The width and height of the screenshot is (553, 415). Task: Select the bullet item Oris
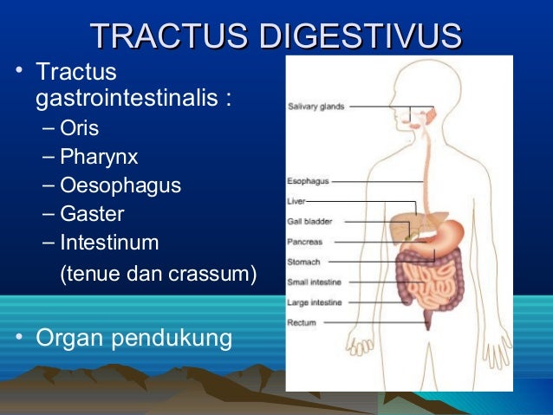tap(79, 129)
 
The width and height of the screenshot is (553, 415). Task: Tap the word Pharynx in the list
tap(99, 157)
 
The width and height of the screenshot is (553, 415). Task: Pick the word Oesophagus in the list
tap(120, 185)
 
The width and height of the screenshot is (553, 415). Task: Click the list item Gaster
tap(92, 213)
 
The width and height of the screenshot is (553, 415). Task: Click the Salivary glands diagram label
tap(316, 107)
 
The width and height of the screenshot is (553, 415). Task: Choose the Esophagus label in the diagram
tap(308, 182)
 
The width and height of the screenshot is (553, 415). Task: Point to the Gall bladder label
tap(309, 221)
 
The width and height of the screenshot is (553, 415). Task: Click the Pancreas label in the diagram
tap(305, 242)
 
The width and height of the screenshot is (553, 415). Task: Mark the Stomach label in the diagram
tap(304, 262)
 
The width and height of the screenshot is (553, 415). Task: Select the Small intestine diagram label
tap(314, 282)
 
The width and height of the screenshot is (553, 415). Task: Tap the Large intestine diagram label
tap(314, 302)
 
